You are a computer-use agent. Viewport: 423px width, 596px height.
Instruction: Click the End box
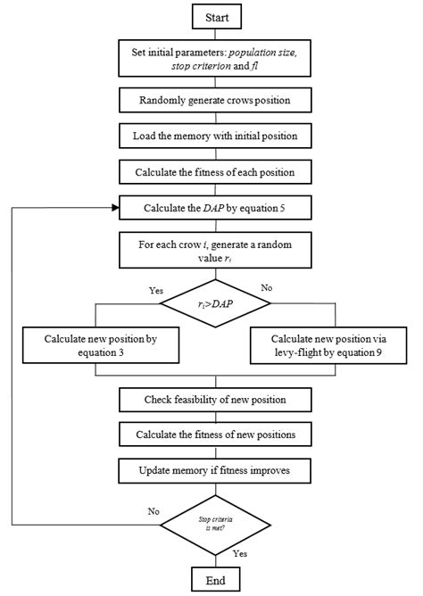[213, 580]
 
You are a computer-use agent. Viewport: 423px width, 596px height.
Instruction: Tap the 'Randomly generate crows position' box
[213, 102]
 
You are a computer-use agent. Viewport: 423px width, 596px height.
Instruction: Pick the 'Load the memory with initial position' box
[213, 137]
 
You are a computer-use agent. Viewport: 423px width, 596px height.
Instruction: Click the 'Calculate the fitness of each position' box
[213, 172]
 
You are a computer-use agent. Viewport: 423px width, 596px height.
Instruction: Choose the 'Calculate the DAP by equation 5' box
[213, 208]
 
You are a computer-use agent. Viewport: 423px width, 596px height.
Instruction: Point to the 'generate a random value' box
[213, 249]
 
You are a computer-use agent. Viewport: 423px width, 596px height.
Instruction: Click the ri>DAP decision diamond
[213, 304]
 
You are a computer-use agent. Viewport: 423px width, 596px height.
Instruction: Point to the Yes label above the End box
[240, 554]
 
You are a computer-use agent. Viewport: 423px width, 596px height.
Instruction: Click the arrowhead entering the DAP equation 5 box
[116, 208]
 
